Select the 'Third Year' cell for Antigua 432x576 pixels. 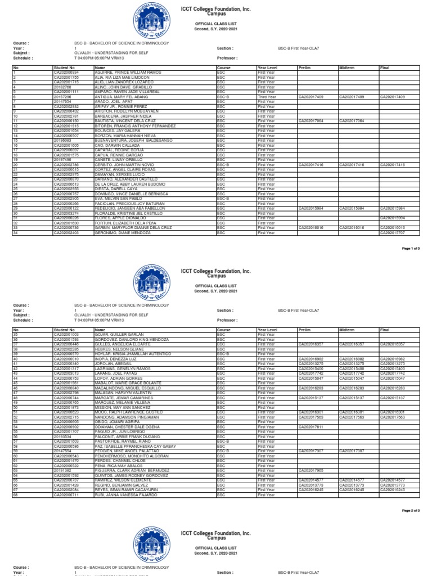(x=267, y=96)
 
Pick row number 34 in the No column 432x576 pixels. (x=15, y=232)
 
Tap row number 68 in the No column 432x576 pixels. (x=15, y=494)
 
